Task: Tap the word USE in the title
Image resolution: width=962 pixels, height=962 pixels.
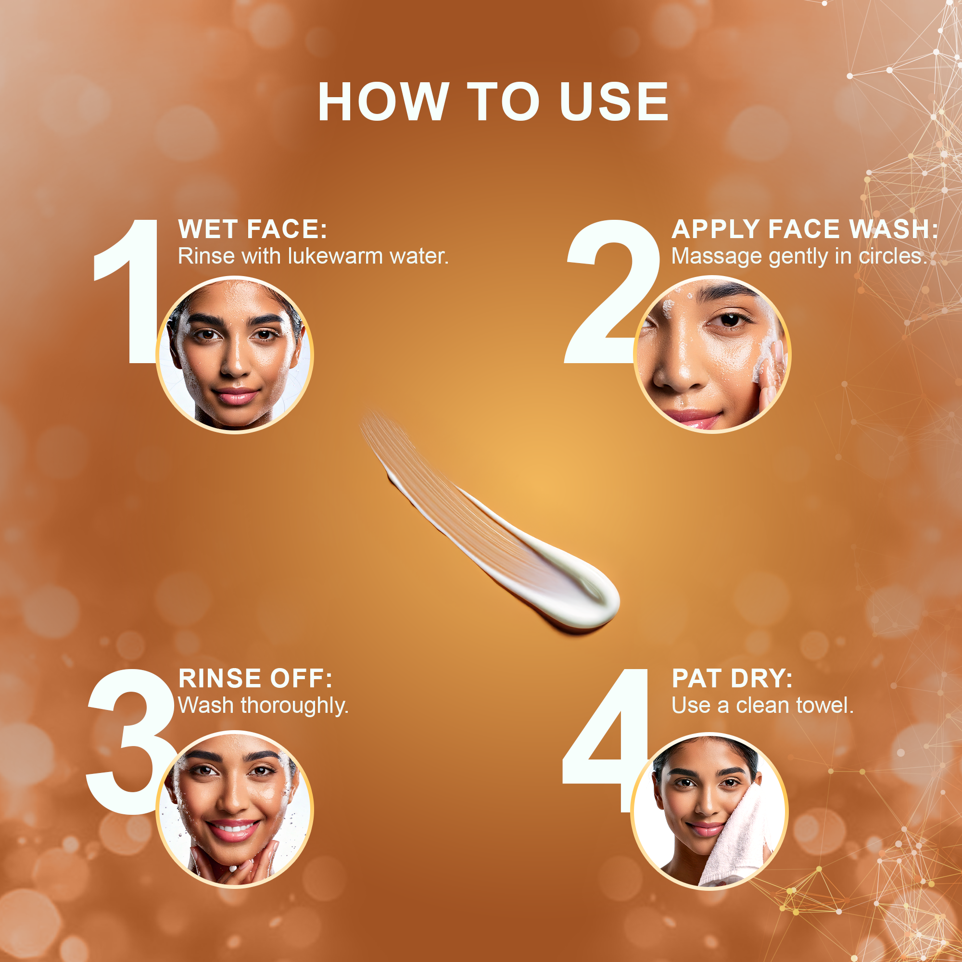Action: (x=614, y=101)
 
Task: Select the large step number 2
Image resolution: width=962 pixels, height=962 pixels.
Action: (x=611, y=291)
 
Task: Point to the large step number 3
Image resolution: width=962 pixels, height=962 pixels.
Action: (x=130, y=742)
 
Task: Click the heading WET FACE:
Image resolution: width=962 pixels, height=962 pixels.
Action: (x=253, y=229)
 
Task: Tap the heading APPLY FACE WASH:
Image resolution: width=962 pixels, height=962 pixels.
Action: (x=804, y=229)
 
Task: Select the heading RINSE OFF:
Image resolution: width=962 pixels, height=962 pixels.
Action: (x=255, y=678)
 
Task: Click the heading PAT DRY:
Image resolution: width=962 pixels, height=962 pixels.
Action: (x=732, y=678)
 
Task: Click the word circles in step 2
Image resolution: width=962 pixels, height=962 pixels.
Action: (x=892, y=257)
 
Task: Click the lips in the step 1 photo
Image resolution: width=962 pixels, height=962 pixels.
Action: (x=235, y=396)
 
